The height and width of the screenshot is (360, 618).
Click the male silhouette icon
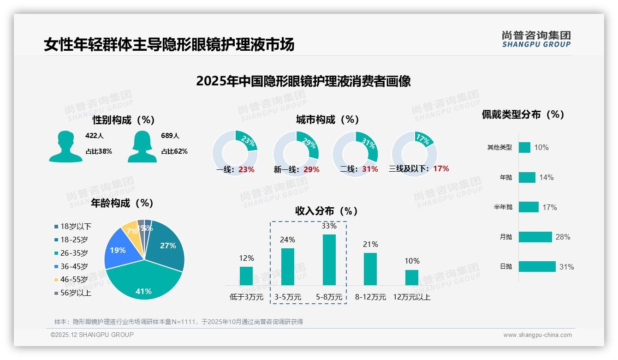point(65,146)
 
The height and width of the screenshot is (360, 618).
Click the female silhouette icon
point(142,146)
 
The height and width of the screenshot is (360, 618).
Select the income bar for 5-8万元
point(329,260)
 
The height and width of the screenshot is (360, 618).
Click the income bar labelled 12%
point(246,276)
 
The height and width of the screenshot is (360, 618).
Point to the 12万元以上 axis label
point(411,297)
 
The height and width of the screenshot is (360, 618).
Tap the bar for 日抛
point(537,267)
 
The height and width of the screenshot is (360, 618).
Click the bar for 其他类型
point(524,147)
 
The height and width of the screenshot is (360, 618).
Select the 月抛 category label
point(506,237)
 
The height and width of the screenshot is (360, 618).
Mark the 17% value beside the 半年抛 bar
point(549,208)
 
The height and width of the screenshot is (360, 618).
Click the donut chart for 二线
point(355,153)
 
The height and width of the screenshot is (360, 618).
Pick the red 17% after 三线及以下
point(441,169)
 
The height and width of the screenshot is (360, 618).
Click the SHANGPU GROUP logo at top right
point(536,39)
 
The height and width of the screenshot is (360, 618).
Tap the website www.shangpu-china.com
point(537,335)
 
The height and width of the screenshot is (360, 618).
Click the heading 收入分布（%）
point(327,211)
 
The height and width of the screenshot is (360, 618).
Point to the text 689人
point(170,136)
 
